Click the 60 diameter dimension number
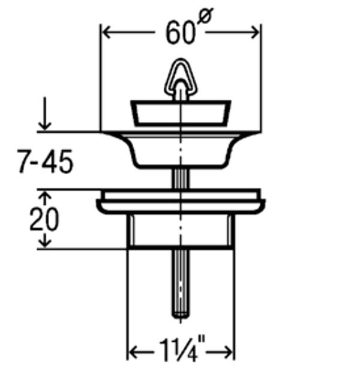181,32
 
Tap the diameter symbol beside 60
205,16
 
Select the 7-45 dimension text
46,161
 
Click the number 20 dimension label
44,219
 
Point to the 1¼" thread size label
182,350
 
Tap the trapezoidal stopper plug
181,113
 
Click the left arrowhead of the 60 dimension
107,32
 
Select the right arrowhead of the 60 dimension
255,32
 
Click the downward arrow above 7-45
45,114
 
